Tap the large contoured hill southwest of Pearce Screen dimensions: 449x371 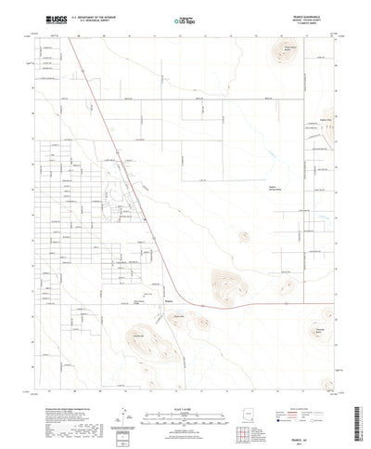(x=152, y=344)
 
